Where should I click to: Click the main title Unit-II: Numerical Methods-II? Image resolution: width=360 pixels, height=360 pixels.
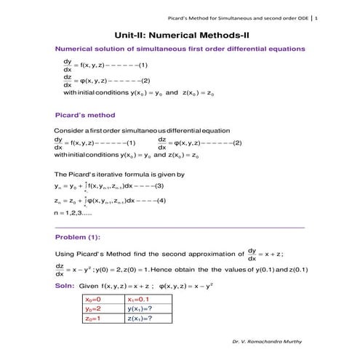180,34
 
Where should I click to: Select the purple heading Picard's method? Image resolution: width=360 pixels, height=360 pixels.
85,115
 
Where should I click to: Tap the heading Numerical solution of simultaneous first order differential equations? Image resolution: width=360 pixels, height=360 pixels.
180,49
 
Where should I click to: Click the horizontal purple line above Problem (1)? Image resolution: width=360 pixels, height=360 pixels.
180,228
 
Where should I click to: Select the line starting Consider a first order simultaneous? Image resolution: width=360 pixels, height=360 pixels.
131,130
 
